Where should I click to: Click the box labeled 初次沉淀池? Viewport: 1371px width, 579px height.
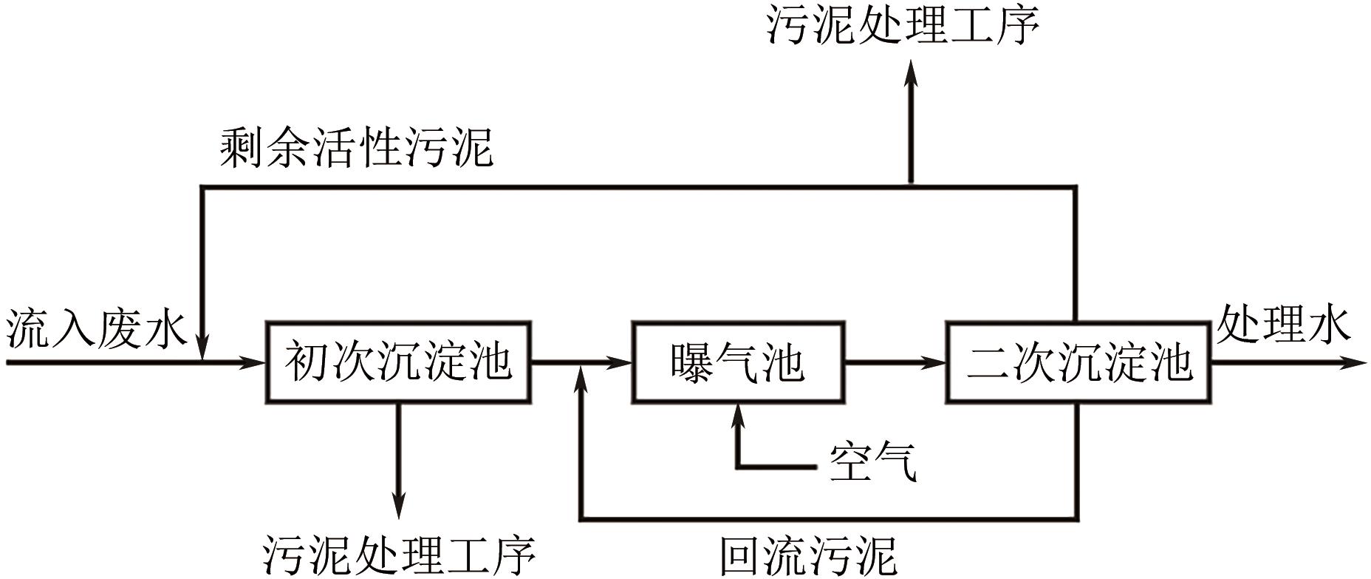click(398, 362)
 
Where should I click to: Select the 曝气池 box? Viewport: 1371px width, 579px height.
click(737, 362)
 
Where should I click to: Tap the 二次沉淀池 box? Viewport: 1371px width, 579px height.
click(1078, 362)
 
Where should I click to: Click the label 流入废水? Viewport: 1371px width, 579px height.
click(97, 327)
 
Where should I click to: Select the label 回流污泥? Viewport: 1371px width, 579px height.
click(808, 555)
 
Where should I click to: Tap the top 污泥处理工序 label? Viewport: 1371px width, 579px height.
click(903, 26)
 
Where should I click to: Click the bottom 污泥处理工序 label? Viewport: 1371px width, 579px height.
click(399, 555)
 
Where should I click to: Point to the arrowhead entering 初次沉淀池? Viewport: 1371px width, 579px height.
click(255, 362)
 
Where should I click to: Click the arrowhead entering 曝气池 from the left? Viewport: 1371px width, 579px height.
click(622, 362)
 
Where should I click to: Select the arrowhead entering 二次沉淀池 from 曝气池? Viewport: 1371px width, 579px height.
click(936, 362)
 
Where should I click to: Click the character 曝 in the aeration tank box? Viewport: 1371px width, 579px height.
click(691, 362)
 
